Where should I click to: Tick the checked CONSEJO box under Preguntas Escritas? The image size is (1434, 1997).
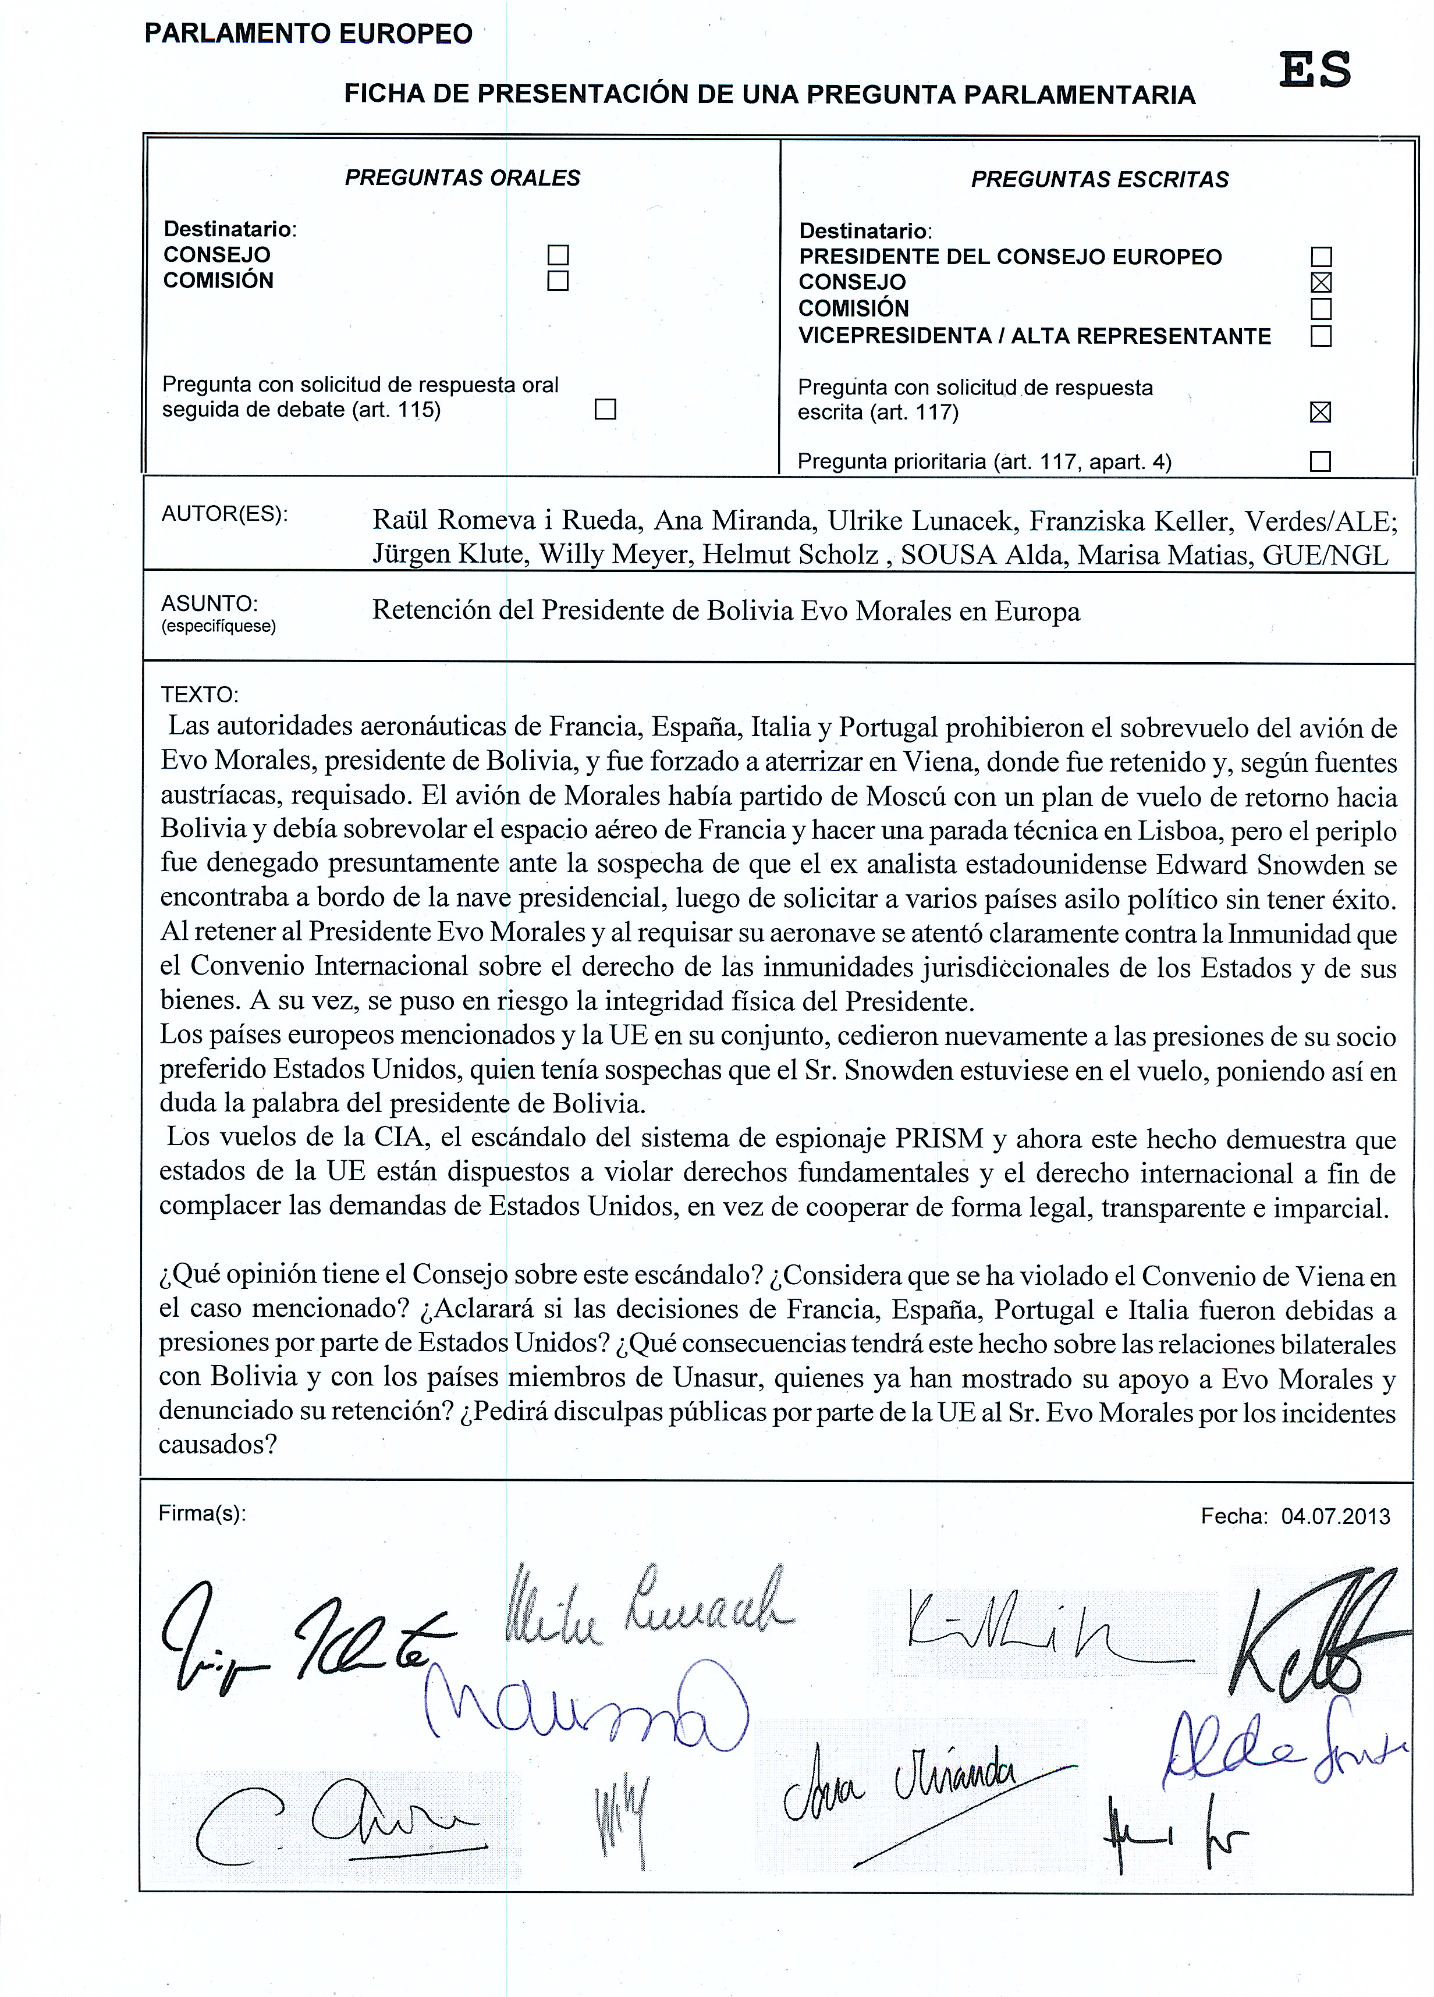[x=1321, y=283]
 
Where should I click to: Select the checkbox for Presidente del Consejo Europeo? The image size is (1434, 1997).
[x=1321, y=257]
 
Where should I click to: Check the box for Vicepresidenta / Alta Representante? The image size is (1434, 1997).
[x=1321, y=336]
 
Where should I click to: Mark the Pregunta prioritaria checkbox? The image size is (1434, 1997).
[x=1319, y=461]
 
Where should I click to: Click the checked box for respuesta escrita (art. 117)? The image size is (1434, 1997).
[x=1319, y=412]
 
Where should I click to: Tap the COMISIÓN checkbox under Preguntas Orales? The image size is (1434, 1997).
[x=558, y=281]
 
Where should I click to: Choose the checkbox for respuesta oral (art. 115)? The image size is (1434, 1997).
[x=605, y=410]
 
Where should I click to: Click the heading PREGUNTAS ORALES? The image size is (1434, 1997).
[x=463, y=178]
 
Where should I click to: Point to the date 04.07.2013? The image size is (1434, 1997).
[x=1335, y=1516]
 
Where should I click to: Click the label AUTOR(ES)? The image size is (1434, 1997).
[x=225, y=514]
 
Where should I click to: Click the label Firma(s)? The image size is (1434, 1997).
[x=202, y=1513]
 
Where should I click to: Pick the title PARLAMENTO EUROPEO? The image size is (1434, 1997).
[x=308, y=34]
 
